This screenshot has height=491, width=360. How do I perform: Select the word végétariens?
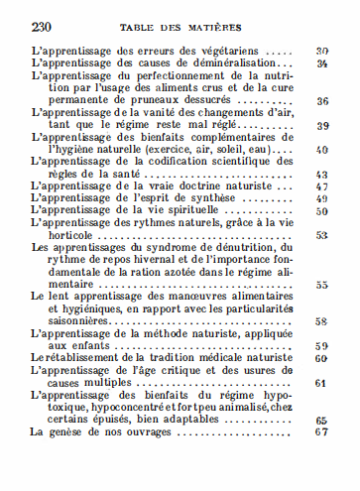tap(237, 50)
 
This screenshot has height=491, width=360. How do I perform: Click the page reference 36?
tap(322, 101)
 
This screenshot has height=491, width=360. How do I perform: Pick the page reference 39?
tap(322, 126)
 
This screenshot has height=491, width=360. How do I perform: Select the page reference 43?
tap(322, 175)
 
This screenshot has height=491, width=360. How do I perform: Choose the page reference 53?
tap(322, 236)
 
